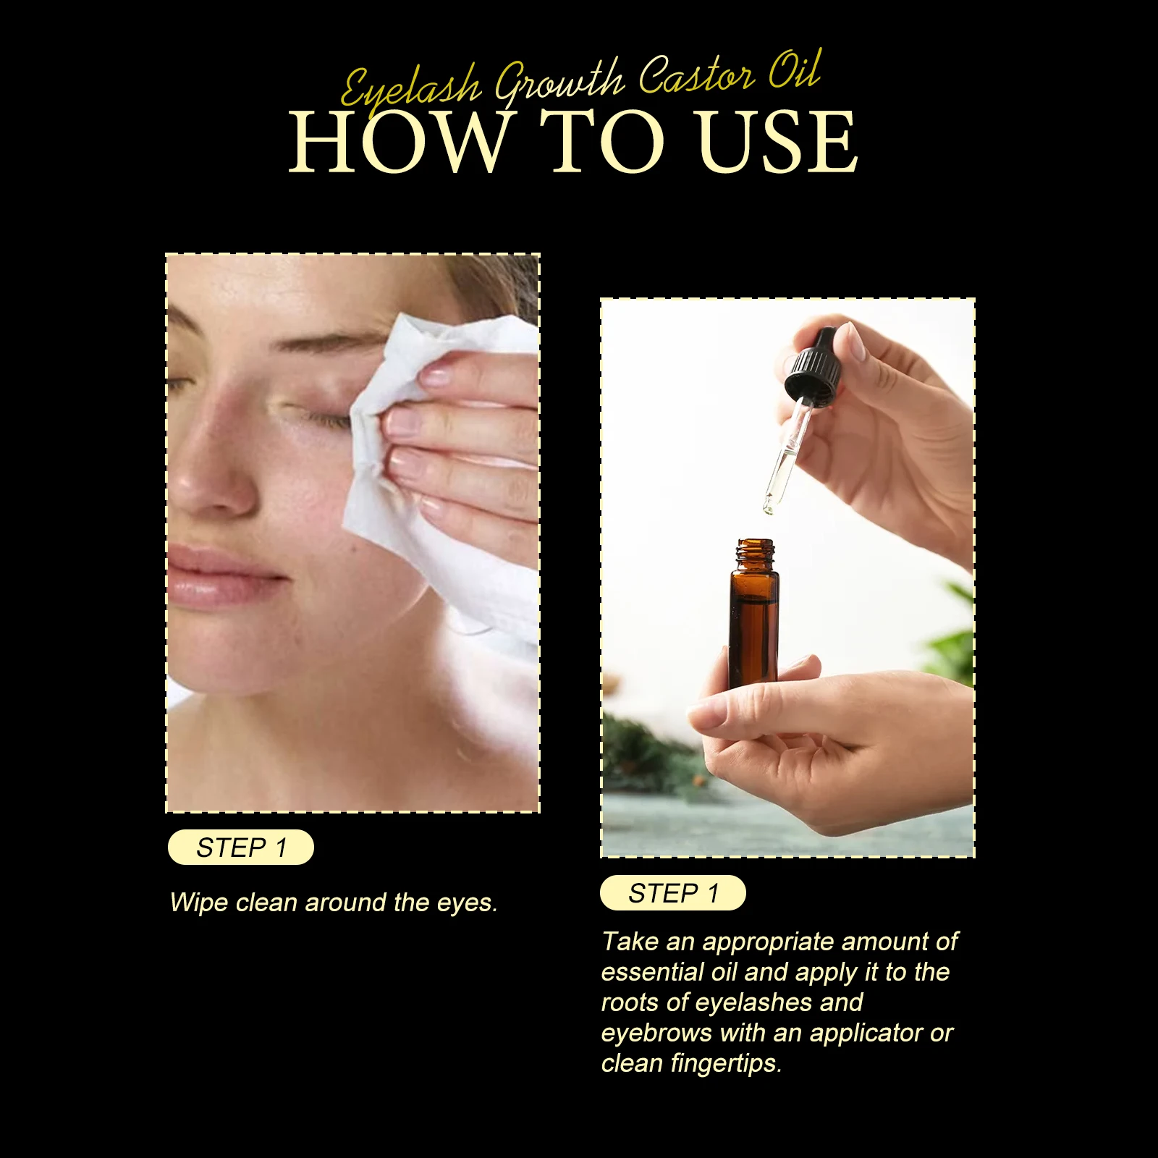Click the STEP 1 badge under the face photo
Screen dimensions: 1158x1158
coord(241,848)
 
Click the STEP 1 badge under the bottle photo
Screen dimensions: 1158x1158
coord(673,893)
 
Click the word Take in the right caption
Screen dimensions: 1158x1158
coord(629,942)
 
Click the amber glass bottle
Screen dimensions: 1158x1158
coord(753,622)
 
